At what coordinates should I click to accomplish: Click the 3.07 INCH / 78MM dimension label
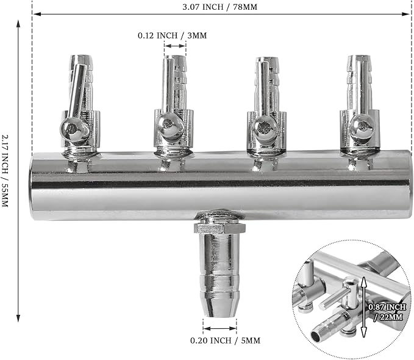[x=219, y=7]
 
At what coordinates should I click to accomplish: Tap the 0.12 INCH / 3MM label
[x=172, y=35]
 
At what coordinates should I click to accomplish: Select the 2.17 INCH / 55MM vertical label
[x=5, y=171]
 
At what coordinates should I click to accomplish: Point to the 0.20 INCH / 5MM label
[x=225, y=340]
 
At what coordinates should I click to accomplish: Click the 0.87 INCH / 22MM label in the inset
[x=387, y=312]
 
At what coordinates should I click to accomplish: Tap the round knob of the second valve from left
[x=168, y=124]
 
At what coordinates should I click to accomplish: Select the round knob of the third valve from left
[x=264, y=128]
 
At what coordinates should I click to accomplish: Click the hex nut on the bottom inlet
[x=219, y=228]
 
